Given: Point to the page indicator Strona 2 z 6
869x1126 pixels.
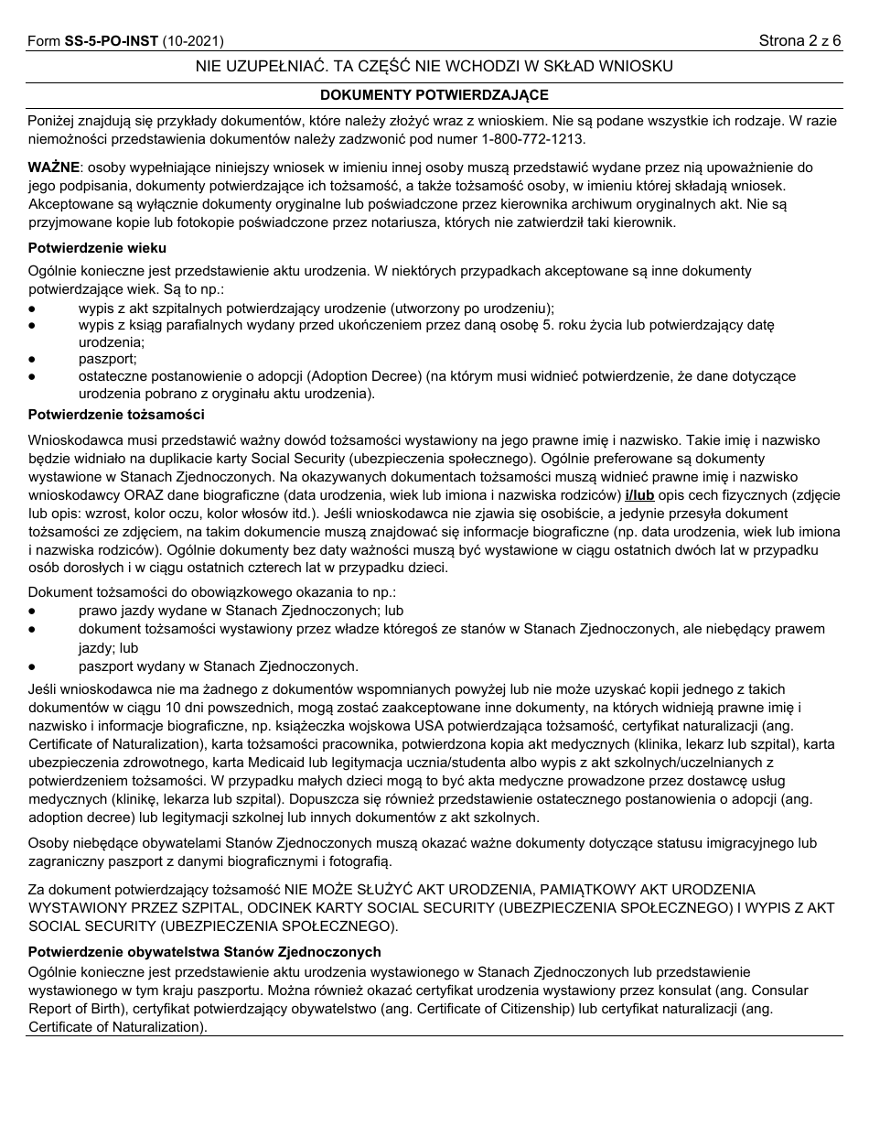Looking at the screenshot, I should click(799, 41).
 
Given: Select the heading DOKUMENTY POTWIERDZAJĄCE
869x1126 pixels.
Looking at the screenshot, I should click(434, 95).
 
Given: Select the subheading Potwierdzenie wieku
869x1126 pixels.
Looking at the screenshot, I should click(97, 248).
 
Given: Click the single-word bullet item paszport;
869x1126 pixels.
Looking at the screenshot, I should click(107, 359).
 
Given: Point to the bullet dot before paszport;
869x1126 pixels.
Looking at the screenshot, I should click(33, 359).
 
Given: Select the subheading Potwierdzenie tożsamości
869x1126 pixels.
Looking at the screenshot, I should click(116, 415).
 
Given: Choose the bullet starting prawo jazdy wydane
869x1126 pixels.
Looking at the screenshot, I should click(241, 611).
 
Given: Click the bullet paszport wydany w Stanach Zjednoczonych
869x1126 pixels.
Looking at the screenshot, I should click(218, 666).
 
